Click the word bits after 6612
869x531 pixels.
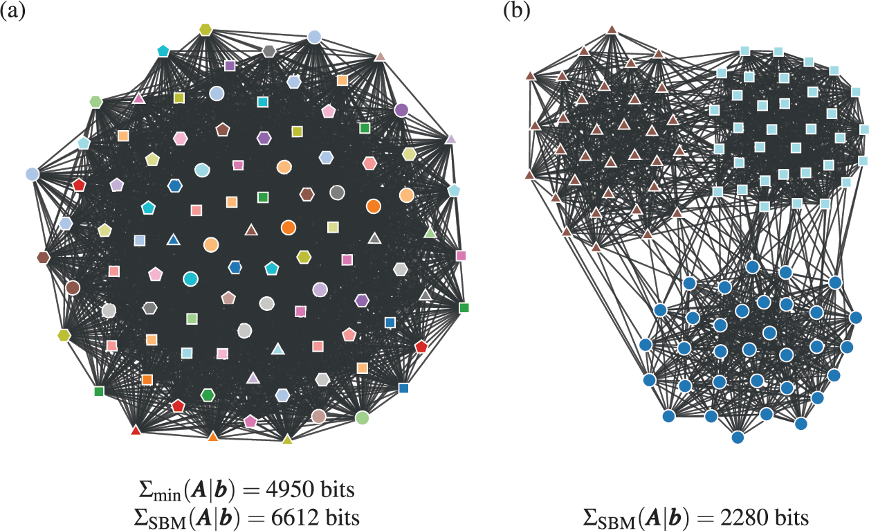click(339, 516)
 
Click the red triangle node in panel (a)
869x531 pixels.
click(136, 431)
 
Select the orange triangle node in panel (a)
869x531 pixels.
click(213, 436)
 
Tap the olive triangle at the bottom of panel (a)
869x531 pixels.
click(288, 438)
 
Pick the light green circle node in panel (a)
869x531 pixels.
click(362, 417)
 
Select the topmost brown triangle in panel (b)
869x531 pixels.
click(612, 30)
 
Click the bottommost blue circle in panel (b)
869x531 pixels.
click(738, 437)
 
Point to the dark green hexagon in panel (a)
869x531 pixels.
click(208, 395)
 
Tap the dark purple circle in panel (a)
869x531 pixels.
click(401, 109)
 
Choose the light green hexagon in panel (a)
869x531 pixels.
click(95, 102)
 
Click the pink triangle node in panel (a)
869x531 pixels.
click(138, 98)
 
